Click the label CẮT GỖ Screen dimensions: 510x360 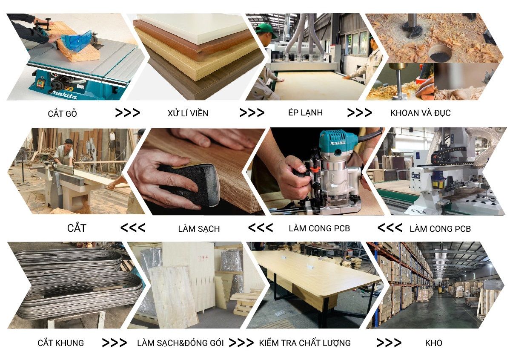click(63, 114)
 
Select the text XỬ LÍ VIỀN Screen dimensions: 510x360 click(188, 113)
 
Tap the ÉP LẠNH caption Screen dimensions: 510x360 click(305, 112)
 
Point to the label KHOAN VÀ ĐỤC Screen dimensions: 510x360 click(420, 113)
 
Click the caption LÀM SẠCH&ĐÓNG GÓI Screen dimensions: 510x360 click(181, 343)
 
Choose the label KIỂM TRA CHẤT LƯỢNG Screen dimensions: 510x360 click(305, 343)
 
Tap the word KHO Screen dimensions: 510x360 click(433, 343)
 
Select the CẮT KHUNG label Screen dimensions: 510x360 click(61, 343)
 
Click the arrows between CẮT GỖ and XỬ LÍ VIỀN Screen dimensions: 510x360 click(128, 112)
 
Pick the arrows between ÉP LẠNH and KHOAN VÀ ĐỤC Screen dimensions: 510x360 click(359, 112)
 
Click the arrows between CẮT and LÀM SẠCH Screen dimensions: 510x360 click(133, 228)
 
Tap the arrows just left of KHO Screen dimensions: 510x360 click(389, 343)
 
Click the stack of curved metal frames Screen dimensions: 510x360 click(75, 283)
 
